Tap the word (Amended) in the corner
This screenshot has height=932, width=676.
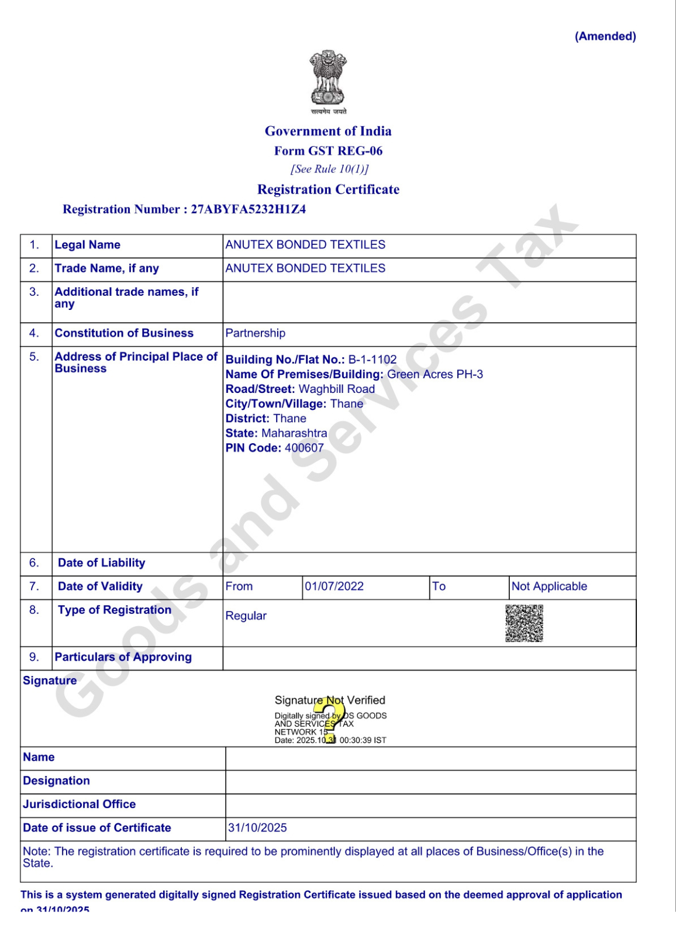605,36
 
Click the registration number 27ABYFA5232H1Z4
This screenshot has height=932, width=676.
248,209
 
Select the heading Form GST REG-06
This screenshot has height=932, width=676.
328,151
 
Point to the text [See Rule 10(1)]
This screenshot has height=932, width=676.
329,169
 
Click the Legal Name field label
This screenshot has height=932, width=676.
87,245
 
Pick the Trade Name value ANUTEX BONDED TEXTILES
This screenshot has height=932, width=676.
305,268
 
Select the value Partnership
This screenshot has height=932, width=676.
256,333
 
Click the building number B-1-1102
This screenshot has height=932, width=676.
373,360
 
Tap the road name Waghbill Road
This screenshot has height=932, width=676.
337,389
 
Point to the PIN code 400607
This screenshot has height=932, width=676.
304,448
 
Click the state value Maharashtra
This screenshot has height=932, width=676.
294,433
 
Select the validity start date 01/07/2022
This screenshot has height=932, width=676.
334,586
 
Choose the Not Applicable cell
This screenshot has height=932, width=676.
549,586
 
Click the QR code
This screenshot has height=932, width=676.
524,623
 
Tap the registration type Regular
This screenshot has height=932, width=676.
246,616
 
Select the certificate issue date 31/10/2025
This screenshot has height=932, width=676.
257,828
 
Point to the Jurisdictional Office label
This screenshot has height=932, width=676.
79,805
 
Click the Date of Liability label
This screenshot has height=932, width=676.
101,563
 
